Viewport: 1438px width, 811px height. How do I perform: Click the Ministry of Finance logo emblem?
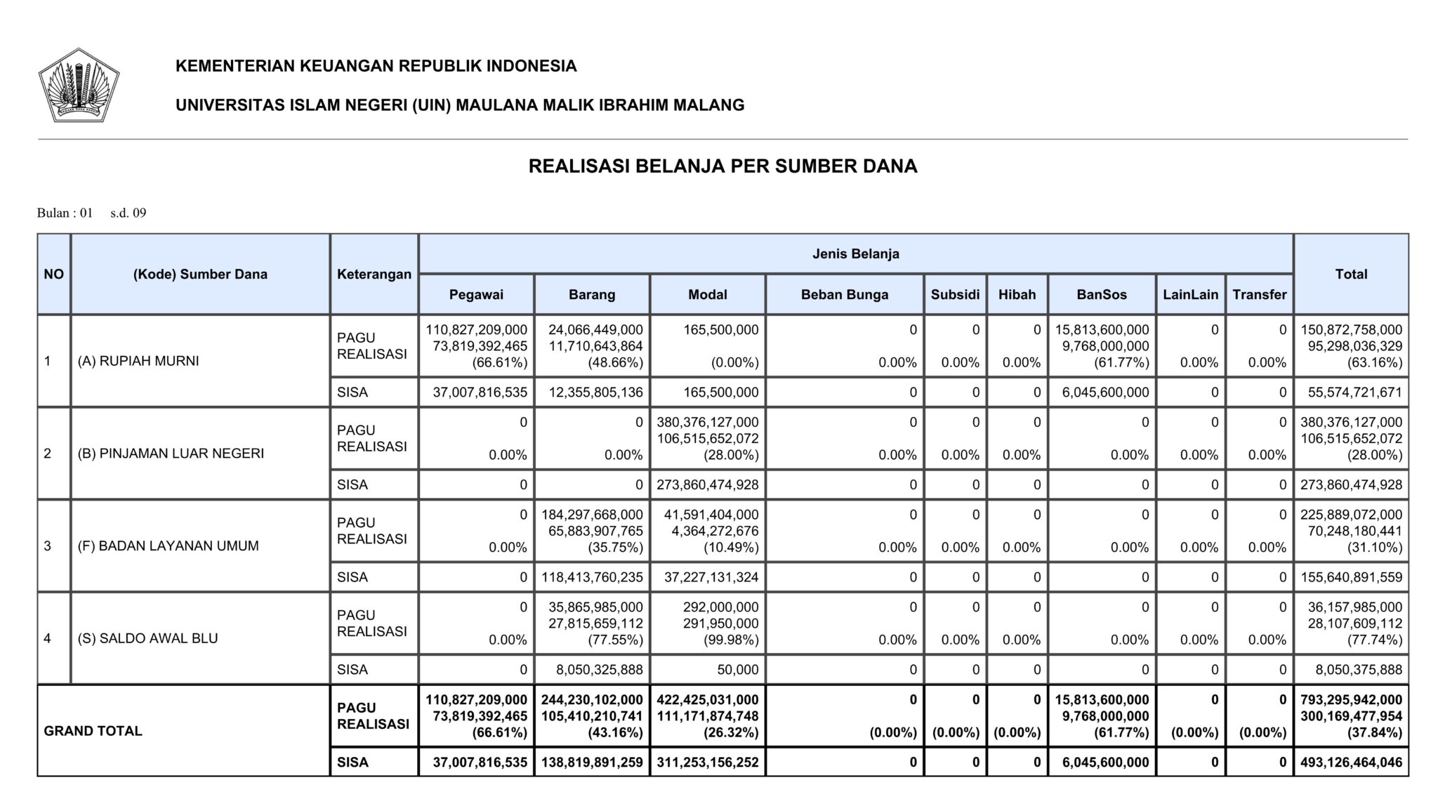[79, 85]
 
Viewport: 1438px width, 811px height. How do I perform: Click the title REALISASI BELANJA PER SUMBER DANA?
[723, 166]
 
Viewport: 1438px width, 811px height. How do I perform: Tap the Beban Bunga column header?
[844, 295]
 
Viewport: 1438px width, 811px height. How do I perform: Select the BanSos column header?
[1101, 295]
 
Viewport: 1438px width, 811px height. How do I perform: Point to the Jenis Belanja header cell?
[855, 254]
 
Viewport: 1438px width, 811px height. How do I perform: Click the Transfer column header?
[1259, 295]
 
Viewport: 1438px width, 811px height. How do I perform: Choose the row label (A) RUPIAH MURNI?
[138, 361]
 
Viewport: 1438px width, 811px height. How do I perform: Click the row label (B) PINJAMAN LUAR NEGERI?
[171, 454]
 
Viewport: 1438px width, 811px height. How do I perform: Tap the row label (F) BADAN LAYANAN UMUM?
[168, 546]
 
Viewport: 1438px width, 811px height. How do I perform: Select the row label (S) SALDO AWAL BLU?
[147, 638]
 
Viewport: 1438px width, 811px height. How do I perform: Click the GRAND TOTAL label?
[93, 731]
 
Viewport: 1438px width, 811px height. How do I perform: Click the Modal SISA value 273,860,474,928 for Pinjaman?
[708, 484]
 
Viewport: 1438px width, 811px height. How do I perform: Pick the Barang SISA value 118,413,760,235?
[592, 577]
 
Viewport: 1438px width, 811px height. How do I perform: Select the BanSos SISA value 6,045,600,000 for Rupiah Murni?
[1105, 393]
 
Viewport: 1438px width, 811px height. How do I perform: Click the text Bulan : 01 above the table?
[65, 213]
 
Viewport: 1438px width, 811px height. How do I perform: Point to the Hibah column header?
[1017, 295]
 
